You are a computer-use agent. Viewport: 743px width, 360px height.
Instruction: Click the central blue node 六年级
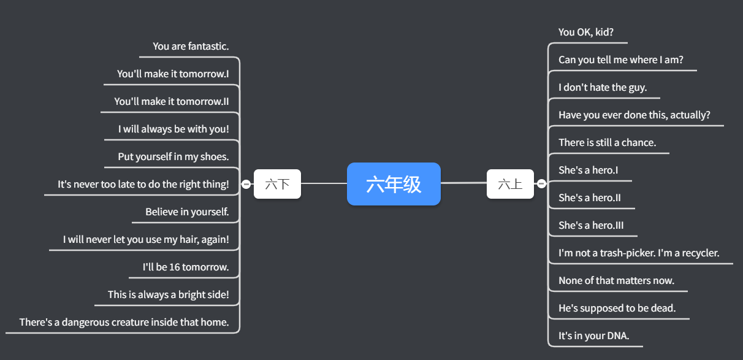pos(394,184)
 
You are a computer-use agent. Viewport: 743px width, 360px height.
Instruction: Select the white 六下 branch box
pos(277,184)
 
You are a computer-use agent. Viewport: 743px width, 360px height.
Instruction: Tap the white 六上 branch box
pos(510,184)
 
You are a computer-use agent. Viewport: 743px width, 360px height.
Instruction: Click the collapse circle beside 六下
pos(246,184)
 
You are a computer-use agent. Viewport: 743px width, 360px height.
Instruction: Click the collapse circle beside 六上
pos(541,183)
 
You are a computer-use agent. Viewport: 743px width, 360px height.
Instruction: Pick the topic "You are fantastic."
pos(191,46)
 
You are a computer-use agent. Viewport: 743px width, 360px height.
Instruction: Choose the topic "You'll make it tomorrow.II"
pos(171,101)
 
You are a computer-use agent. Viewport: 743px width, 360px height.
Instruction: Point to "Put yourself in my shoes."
pos(173,156)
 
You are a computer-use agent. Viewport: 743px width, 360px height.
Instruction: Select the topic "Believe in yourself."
pos(187,212)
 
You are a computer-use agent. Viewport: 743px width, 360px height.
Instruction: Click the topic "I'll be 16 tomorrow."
pos(185,267)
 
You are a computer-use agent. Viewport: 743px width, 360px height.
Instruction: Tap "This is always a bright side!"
pos(168,294)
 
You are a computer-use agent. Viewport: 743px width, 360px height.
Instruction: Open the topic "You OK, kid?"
pos(586,32)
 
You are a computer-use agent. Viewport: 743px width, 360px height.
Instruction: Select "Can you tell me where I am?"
pos(620,59)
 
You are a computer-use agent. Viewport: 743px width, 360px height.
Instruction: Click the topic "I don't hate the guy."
pos(603,87)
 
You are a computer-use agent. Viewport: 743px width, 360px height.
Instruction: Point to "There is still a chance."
pos(607,142)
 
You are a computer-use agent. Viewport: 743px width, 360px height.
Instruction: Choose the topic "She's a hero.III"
pos(591,225)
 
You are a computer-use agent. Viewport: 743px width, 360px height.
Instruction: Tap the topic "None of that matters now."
pos(616,280)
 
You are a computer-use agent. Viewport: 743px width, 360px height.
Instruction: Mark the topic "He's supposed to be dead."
pos(617,308)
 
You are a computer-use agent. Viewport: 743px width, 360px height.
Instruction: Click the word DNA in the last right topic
pos(618,335)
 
